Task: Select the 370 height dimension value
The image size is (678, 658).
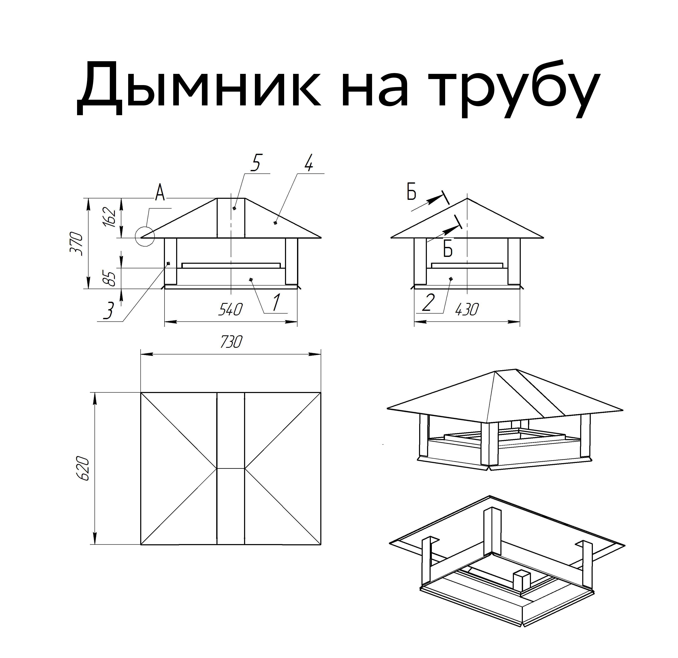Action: point(77,244)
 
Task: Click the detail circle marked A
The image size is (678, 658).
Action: point(145,236)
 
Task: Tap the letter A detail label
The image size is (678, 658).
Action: point(160,193)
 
